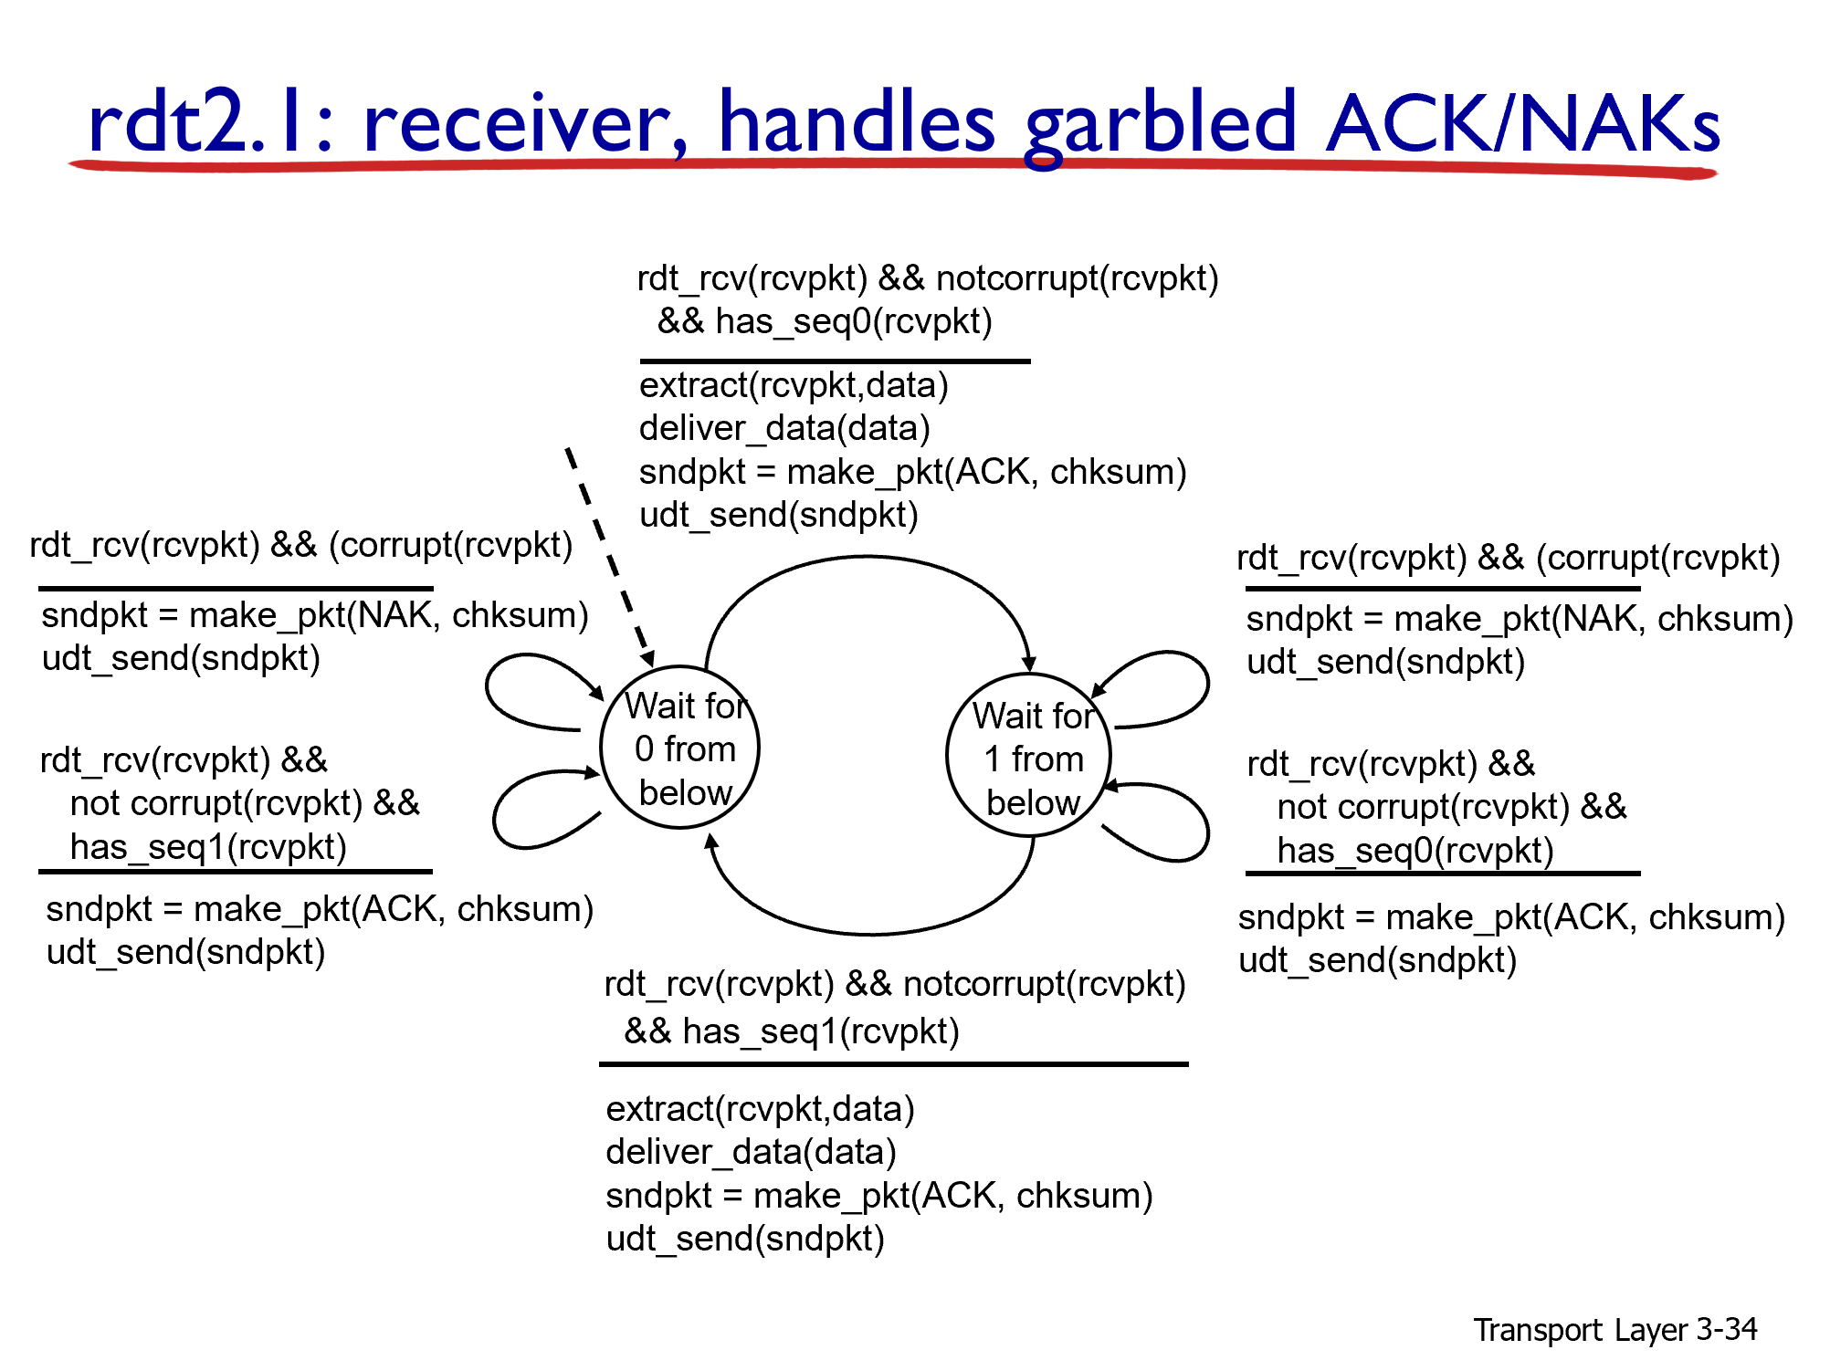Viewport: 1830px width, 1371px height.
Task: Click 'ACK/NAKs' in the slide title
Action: click(1523, 124)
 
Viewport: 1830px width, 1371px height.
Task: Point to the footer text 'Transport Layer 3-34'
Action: click(1614, 1330)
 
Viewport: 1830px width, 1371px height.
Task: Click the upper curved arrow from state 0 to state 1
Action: click(868, 559)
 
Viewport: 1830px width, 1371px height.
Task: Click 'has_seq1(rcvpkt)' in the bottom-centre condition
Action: click(820, 1032)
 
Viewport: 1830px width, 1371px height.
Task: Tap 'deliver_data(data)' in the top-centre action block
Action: click(784, 429)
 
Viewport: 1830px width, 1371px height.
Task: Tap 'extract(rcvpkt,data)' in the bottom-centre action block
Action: click(760, 1109)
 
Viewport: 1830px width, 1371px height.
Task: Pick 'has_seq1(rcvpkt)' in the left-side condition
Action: click(208, 848)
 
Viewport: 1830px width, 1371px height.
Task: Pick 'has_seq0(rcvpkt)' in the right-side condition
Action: click(1415, 852)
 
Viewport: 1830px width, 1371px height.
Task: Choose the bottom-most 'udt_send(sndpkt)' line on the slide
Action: click(745, 1240)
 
